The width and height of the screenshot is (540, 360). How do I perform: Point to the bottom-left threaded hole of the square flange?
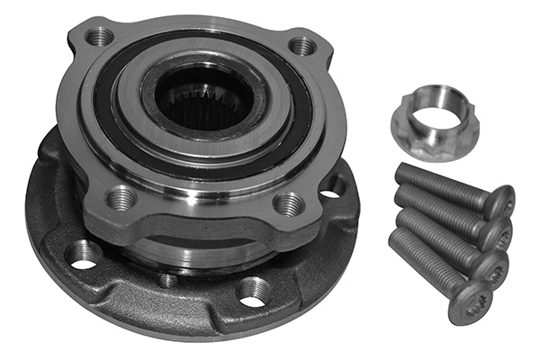120,196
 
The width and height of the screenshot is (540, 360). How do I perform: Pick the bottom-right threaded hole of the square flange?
287,204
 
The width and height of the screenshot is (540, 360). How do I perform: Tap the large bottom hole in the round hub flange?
253,291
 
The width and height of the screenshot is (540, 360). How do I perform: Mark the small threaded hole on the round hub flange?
166,280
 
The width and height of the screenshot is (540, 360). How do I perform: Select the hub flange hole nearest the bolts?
333,187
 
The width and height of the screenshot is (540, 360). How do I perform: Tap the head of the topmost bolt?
499,202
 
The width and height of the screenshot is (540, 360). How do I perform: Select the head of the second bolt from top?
495,234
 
